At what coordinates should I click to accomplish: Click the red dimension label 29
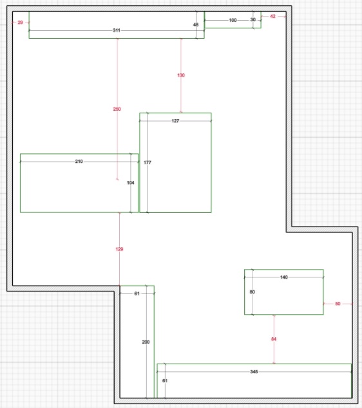[x=21, y=23]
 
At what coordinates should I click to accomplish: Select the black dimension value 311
[x=117, y=30]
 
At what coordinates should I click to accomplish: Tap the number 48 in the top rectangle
[x=196, y=24]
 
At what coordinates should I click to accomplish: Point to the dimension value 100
[x=233, y=20]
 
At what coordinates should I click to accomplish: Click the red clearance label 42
[x=272, y=16]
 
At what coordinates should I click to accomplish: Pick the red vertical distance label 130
[x=181, y=75]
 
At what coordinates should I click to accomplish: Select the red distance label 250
[x=117, y=109]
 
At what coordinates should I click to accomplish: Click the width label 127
[x=175, y=121]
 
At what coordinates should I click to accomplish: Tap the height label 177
[x=148, y=162]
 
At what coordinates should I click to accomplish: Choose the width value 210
[x=79, y=162]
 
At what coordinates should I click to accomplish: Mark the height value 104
[x=131, y=183]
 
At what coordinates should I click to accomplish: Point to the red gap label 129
[x=119, y=249]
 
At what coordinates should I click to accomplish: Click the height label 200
[x=146, y=342]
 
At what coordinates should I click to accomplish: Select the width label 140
[x=284, y=277]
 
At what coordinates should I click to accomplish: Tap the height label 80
[x=252, y=292]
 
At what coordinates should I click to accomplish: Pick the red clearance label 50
[x=338, y=304]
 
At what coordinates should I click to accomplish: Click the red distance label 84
[x=274, y=339]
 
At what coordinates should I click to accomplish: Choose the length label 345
[x=254, y=371]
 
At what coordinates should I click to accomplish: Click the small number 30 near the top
[x=253, y=20]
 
